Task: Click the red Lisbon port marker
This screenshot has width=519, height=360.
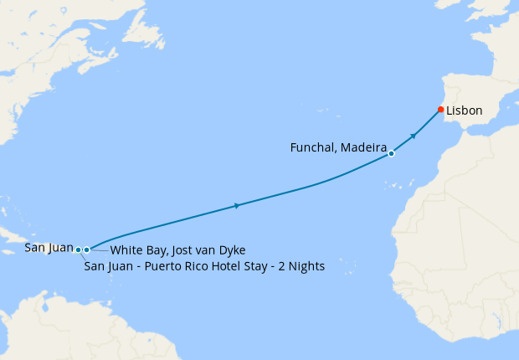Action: coord(441,110)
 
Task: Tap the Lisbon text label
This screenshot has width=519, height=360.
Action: coord(465,111)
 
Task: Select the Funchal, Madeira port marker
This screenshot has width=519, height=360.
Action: coord(391,154)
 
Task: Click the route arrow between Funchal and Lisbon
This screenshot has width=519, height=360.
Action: coord(414,135)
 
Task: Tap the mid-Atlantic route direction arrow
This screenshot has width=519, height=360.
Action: coord(238,205)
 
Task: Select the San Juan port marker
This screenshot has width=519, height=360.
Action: coord(78,249)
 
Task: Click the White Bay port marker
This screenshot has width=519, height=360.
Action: coord(86,249)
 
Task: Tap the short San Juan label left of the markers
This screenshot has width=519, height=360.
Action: coord(49,247)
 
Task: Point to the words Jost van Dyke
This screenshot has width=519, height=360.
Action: coord(209,250)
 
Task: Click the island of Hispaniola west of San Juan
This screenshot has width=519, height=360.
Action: coord(33,239)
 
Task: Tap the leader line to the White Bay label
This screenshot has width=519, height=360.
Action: coord(99,250)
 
